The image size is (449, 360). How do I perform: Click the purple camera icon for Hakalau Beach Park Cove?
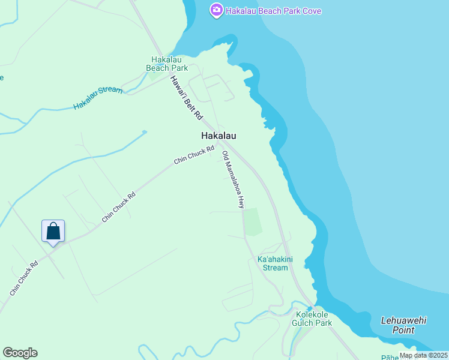coord(216,10)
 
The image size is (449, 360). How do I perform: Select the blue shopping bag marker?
coord(53,231)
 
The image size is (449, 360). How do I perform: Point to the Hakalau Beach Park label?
coord(167,64)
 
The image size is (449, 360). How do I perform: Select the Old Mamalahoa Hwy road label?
coord(234,179)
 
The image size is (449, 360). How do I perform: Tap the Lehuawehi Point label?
coord(403,325)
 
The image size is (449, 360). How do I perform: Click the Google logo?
coord(20,353)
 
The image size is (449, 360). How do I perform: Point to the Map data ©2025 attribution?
coord(423,355)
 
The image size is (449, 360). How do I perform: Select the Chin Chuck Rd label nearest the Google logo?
coord(24,278)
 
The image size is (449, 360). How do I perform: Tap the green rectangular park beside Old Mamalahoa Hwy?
coord(253,222)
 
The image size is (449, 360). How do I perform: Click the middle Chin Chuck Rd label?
coord(118,207)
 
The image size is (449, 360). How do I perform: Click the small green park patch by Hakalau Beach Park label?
coord(154,74)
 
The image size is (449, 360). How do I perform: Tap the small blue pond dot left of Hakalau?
coord(144,132)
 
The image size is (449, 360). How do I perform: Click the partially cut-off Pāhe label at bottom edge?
coord(390,356)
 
